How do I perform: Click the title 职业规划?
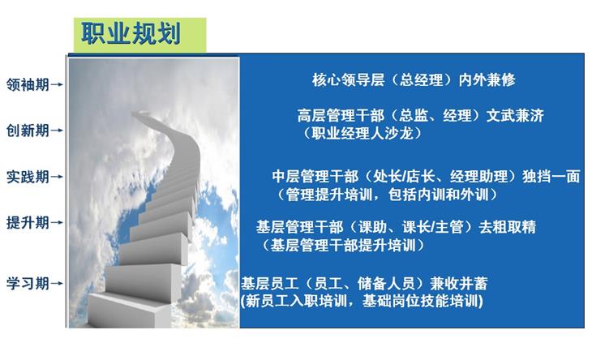point(131,34)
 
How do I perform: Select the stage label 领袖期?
point(28,84)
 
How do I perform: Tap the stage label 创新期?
point(28,131)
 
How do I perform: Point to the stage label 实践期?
point(28,177)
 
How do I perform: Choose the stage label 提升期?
point(28,223)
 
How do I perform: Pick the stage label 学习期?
point(28,284)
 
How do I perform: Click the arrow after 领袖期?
point(56,84)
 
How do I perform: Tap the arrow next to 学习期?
point(56,284)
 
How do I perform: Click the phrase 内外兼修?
point(487,79)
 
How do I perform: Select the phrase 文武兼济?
point(515,115)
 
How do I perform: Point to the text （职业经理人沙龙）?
point(362,133)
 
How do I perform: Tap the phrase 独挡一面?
point(551,176)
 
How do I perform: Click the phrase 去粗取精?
point(508,227)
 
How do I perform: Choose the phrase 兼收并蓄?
point(459,284)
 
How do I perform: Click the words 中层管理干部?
point(315,176)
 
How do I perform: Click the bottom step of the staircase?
point(128,311)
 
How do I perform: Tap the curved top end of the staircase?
point(140,114)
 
